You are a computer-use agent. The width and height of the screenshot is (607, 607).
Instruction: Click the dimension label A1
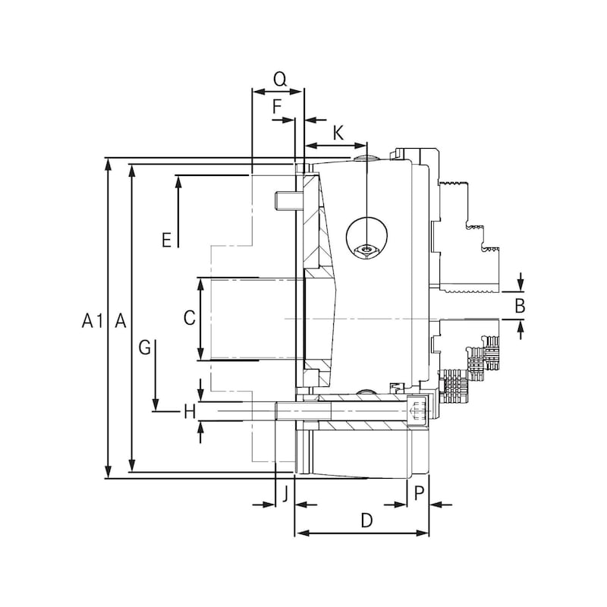click(x=93, y=321)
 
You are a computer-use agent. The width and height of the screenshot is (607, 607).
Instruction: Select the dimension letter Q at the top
click(x=279, y=80)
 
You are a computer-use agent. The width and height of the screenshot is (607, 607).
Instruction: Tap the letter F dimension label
click(x=277, y=106)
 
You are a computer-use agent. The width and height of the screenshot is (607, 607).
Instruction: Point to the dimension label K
click(x=338, y=134)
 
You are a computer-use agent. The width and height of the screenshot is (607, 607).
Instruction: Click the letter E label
click(x=166, y=240)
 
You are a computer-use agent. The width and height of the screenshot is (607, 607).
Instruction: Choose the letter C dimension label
click(x=189, y=318)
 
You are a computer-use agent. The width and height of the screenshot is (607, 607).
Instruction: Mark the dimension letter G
click(x=145, y=348)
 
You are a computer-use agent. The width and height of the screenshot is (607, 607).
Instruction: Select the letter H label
click(x=189, y=411)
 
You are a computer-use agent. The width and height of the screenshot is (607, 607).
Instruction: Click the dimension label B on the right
click(x=520, y=306)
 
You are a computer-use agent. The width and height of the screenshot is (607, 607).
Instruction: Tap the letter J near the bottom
click(x=285, y=494)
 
